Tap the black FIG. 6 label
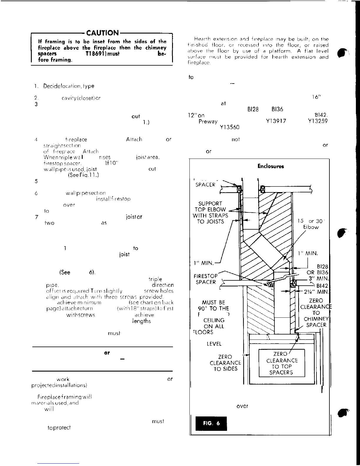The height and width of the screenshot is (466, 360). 211,423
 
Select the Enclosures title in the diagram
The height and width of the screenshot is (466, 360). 271,166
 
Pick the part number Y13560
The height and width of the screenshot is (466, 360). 229,127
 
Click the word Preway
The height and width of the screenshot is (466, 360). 208,122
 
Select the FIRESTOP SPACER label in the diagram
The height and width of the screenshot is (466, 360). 206,279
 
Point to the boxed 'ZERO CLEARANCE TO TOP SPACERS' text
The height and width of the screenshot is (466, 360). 282,363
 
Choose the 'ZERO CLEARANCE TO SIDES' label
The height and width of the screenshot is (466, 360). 225,363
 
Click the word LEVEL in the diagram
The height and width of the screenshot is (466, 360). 214,344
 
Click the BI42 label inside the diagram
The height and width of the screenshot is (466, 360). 322,285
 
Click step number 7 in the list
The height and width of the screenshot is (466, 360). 36,217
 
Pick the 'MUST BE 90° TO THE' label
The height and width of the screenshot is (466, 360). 214,305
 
